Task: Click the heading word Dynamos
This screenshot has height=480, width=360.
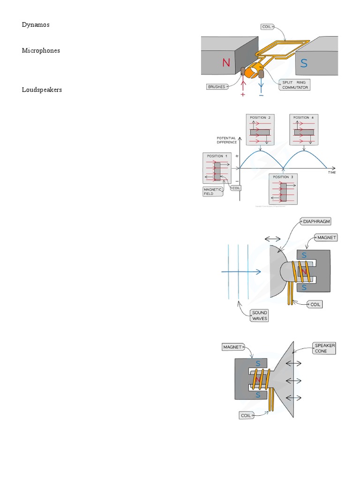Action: [35, 24]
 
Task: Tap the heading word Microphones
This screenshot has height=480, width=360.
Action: [41, 50]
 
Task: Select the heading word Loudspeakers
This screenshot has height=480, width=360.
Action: [42, 89]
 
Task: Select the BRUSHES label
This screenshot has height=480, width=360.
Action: [217, 87]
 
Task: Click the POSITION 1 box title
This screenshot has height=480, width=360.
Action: [216, 156]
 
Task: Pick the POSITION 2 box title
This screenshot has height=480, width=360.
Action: [259, 117]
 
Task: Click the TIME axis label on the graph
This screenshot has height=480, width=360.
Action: [331, 172]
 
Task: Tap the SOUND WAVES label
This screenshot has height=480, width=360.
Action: [259, 315]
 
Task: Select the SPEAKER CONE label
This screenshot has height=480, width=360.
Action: [325, 348]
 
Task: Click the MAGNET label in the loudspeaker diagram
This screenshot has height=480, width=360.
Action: [232, 347]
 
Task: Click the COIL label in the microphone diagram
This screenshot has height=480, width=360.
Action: [316, 304]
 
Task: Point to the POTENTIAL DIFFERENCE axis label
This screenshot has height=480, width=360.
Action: [226, 140]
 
